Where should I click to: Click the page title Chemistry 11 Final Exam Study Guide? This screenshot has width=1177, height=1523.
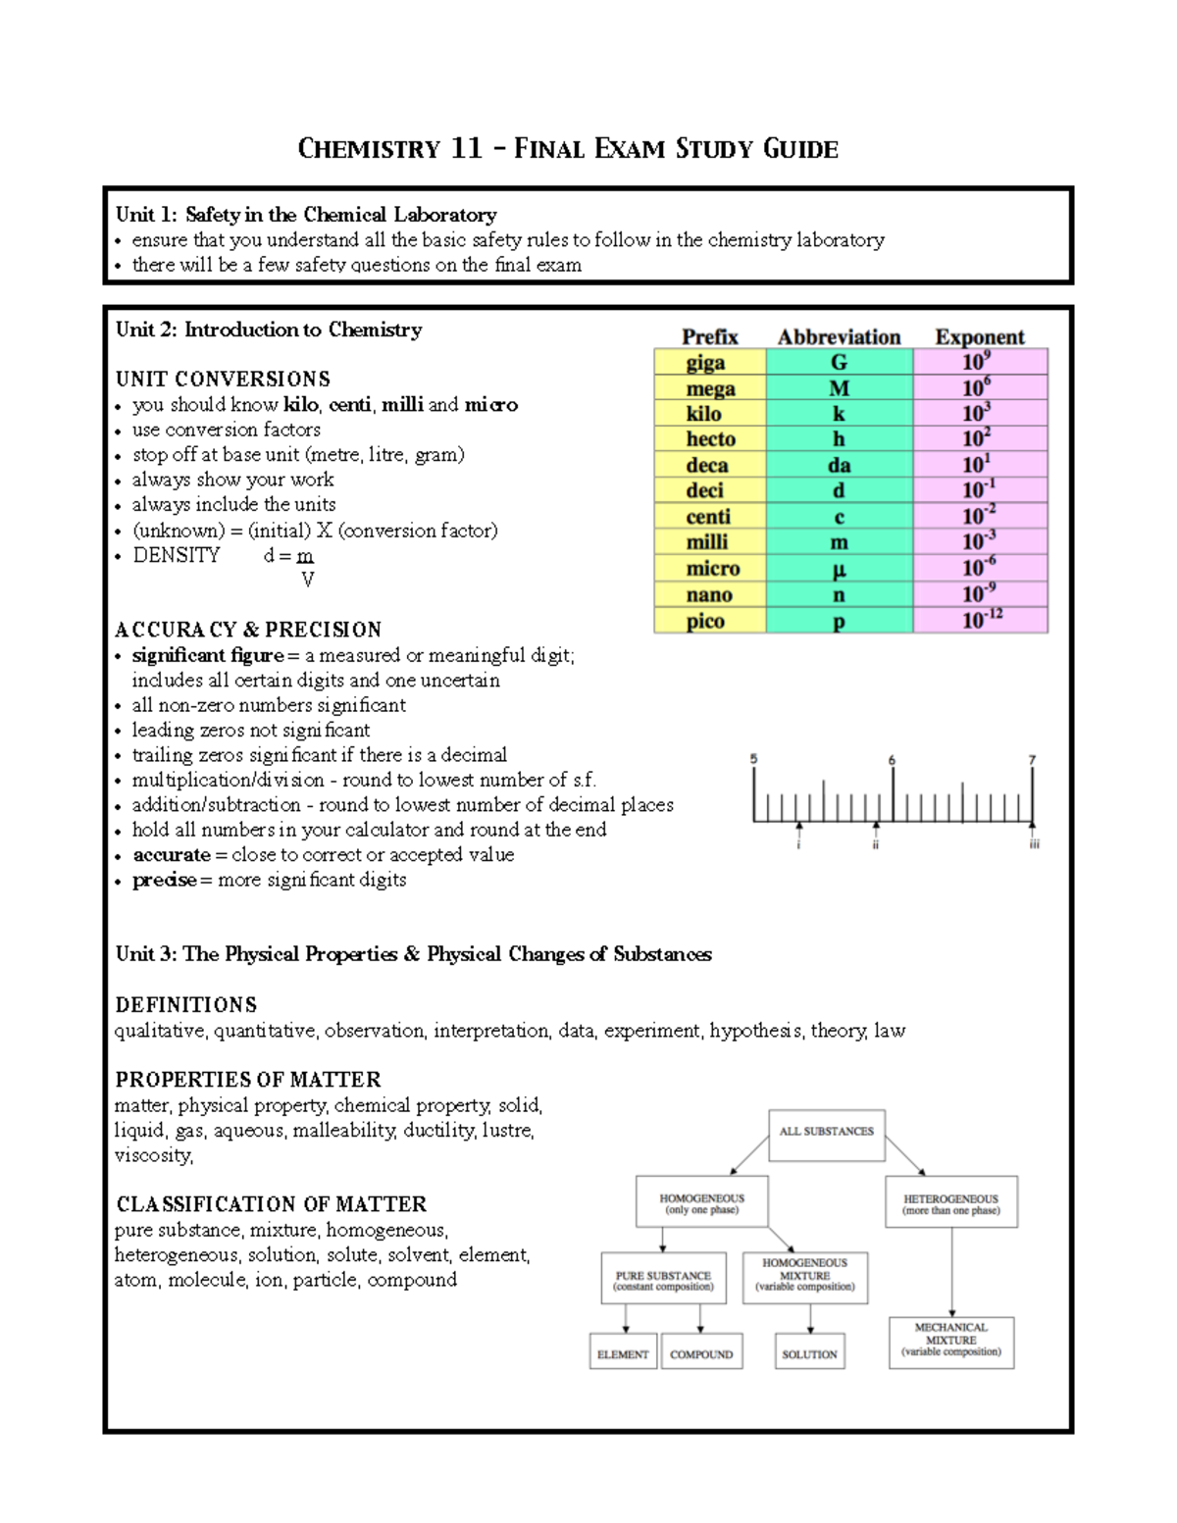point(568,149)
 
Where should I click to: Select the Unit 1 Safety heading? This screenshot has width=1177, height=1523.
point(306,214)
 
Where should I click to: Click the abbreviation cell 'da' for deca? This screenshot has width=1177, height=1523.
point(839,465)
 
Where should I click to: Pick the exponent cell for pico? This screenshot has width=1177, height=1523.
point(980,620)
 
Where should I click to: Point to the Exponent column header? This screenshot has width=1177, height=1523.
point(979,336)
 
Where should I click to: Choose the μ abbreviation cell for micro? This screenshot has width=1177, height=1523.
point(839,569)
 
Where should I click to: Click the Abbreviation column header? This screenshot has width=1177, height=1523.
point(839,336)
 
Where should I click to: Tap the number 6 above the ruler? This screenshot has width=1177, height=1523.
point(892,760)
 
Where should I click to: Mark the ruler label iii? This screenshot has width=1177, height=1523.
point(1034,843)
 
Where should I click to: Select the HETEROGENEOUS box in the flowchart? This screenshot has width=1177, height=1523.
point(950,1203)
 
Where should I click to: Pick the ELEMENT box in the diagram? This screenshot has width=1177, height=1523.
point(623,1353)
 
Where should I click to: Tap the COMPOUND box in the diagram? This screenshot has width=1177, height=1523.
point(701,1353)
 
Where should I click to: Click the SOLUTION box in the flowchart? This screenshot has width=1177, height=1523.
point(809,1353)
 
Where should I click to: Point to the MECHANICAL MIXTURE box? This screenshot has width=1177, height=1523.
point(950,1341)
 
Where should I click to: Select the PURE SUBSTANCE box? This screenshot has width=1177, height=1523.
point(663,1279)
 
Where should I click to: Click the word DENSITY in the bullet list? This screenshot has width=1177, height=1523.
point(177,555)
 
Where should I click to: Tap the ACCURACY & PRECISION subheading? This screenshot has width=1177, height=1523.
point(248,630)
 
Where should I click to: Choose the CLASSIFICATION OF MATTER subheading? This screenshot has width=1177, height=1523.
point(271,1203)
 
